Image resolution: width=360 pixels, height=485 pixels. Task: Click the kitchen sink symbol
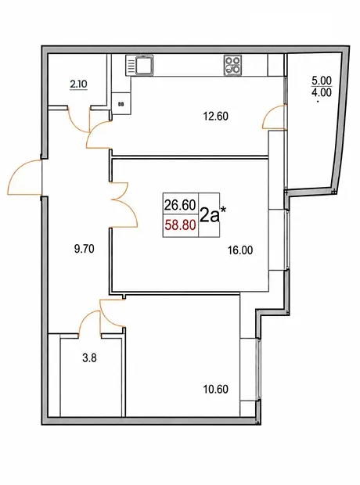point(139,65)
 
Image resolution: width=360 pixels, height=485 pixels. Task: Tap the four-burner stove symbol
point(232,65)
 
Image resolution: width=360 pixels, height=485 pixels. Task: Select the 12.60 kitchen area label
point(216,117)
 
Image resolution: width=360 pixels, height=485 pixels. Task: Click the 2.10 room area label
point(78,84)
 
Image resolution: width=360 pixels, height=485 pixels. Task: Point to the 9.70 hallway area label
point(85,249)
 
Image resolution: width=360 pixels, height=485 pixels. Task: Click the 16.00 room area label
point(240,250)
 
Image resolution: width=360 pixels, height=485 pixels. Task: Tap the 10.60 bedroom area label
point(216,389)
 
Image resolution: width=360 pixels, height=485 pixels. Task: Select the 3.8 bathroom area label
point(89,358)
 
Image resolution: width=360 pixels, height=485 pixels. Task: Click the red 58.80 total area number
point(180,225)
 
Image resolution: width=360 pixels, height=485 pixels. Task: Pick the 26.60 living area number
point(180,205)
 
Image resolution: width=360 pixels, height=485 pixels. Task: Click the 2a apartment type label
point(210,216)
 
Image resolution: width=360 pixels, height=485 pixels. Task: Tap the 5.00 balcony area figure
point(322,81)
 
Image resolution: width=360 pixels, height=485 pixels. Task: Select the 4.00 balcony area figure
point(322,92)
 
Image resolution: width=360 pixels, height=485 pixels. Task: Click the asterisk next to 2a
point(223,210)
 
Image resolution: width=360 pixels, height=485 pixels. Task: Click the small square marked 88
point(121,103)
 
